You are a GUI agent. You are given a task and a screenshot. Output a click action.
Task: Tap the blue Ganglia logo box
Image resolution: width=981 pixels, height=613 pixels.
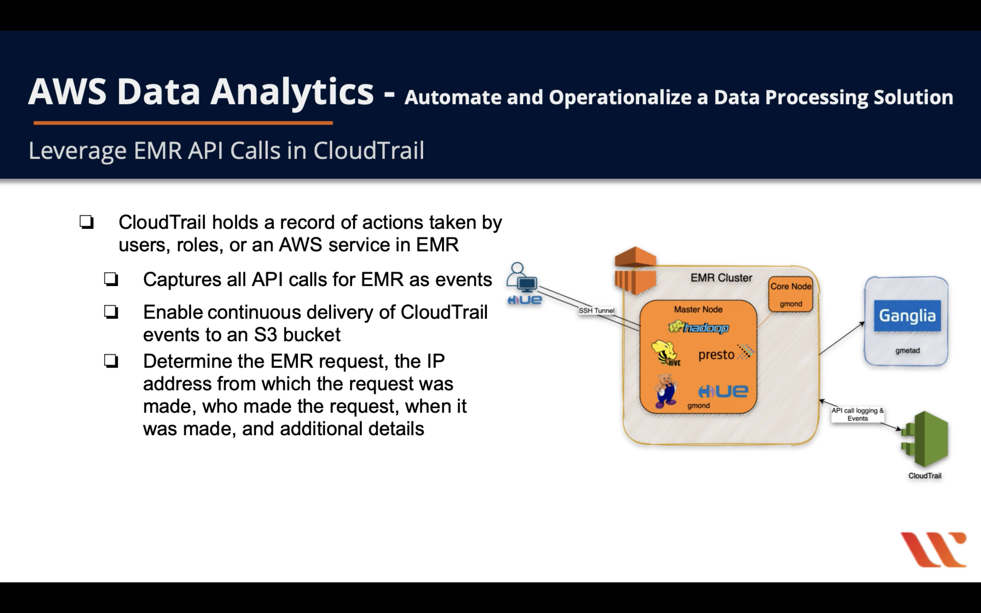pyautogui.click(x=907, y=316)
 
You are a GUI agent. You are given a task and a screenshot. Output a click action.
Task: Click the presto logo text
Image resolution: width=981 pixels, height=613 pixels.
pyautogui.click(x=717, y=355)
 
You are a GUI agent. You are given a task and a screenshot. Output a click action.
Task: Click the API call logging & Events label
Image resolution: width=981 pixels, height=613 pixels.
pyautogui.click(x=857, y=414)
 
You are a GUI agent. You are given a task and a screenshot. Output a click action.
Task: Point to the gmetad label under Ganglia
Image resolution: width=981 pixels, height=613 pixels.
pyautogui.click(x=907, y=351)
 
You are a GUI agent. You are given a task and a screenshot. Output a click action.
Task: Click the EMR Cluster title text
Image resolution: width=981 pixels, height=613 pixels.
pyautogui.click(x=721, y=278)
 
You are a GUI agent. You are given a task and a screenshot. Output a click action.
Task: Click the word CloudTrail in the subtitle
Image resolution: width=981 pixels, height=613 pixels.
pyautogui.click(x=368, y=151)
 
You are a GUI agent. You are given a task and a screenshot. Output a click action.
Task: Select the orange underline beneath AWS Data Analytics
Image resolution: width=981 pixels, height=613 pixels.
pyautogui.click(x=183, y=122)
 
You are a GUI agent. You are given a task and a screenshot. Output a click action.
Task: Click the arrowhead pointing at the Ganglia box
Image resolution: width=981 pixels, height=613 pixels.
pyautogui.click(x=862, y=323)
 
